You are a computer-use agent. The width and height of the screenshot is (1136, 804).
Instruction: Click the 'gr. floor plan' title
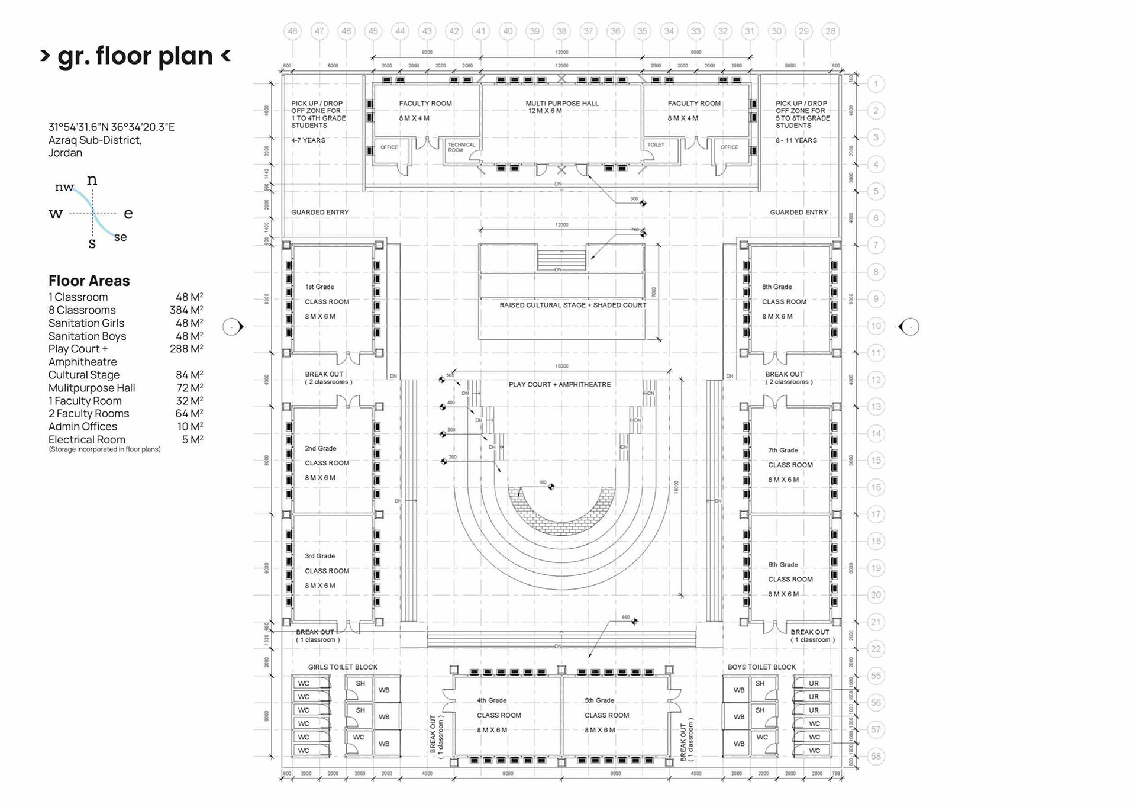135,56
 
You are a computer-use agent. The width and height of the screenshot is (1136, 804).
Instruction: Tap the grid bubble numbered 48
292,31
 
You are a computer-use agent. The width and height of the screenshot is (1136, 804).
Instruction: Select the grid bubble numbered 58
876,756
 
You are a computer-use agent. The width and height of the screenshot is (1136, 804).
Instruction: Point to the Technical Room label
461,147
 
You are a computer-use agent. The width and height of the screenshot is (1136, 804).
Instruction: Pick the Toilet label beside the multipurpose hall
656,144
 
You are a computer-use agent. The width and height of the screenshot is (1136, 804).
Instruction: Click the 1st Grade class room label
326,301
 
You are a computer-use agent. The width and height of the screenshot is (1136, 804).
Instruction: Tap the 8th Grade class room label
783,301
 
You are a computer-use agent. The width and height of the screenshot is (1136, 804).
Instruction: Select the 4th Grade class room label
498,715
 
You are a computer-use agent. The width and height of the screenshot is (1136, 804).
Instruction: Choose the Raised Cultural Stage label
572,305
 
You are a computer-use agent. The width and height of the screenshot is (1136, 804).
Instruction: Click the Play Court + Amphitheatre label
559,384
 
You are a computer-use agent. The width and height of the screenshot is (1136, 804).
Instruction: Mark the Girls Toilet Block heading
342,667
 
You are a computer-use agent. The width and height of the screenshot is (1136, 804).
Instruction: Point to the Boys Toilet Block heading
761,667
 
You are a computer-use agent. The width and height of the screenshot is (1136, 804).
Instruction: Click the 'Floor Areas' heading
89,281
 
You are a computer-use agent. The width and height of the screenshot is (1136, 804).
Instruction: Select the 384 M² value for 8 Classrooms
186,310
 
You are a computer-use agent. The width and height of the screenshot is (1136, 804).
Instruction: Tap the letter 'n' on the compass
92,179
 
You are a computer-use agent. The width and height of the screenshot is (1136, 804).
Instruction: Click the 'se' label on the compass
120,237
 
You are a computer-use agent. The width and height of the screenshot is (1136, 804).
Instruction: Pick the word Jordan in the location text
65,153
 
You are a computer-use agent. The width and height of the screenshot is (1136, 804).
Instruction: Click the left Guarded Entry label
319,212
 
